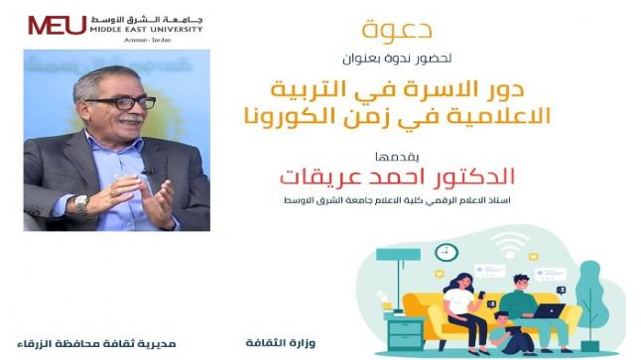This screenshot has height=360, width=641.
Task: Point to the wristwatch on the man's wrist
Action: click(x=80, y=203)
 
